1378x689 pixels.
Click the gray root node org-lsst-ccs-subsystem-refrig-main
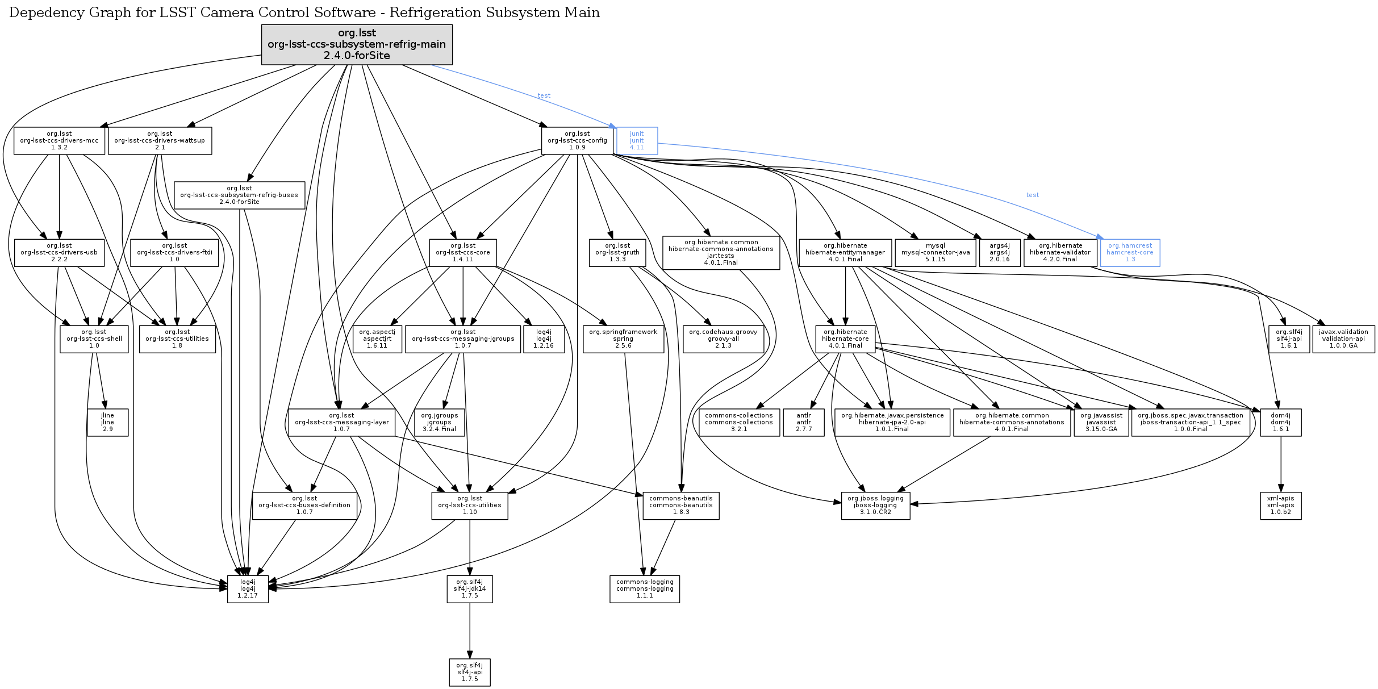(357, 44)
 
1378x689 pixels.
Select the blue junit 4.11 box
(637, 141)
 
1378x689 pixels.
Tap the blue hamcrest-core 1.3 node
(1130, 253)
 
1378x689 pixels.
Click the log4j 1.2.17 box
(248, 589)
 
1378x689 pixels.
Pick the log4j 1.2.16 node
(544, 339)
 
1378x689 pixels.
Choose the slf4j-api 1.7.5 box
(470, 673)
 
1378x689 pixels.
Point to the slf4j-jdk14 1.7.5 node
(470, 589)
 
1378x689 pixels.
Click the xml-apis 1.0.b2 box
(1280, 506)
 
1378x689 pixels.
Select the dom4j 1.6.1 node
(1280, 423)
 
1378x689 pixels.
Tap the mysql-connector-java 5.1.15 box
(936, 253)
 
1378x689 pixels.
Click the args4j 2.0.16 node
(1000, 253)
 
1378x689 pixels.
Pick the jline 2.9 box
(107, 423)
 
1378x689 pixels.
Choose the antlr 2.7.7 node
(804, 423)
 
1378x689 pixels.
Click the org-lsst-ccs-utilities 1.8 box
(177, 339)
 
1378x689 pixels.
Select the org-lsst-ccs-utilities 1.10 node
(470, 506)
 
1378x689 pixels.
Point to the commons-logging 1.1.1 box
(645, 589)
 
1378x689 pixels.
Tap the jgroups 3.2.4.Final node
(439, 423)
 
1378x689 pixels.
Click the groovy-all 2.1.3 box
(723, 339)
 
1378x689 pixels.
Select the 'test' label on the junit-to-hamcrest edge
(1032, 195)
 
